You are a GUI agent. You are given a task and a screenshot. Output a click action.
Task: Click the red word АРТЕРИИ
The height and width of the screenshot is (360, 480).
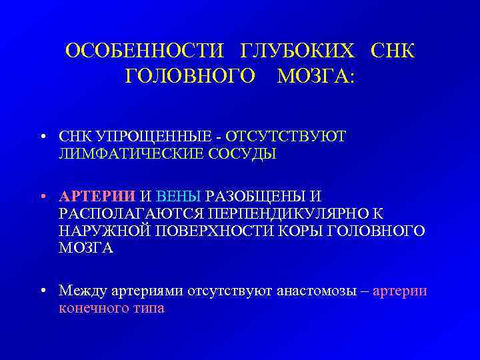pyautogui.click(x=97, y=197)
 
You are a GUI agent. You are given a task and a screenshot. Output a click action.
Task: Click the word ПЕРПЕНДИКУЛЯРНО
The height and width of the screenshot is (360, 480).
pyautogui.click(x=279, y=214)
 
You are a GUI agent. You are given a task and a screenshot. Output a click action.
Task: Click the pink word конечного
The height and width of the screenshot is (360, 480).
pyautogui.click(x=93, y=309)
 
